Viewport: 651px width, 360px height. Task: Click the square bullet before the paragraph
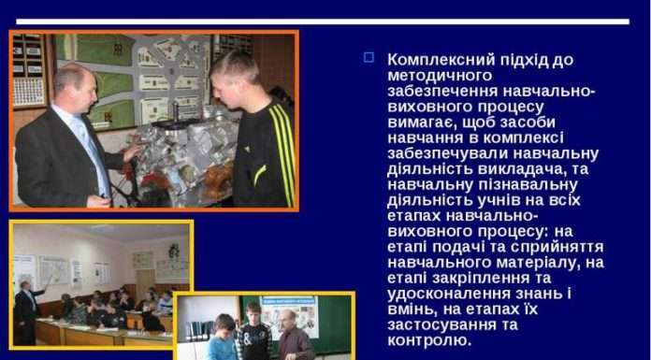point(369,58)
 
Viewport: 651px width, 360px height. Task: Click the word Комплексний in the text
point(438,59)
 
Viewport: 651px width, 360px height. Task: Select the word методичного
point(440,75)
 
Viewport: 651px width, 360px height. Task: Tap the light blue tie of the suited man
point(94,150)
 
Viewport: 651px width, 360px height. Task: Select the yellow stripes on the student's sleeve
point(281,150)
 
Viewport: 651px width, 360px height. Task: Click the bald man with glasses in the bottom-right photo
point(293,337)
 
